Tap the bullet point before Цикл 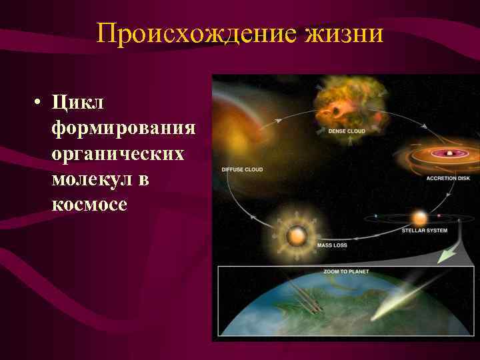click(39, 103)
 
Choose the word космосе click(89, 204)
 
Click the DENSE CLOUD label click(347, 131)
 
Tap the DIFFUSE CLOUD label click(242, 169)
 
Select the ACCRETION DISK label click(448, 178)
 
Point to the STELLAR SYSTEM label click(424, 231)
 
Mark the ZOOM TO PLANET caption click(347, 272)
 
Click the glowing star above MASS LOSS click(295, 235)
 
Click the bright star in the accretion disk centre click(451, 153)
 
